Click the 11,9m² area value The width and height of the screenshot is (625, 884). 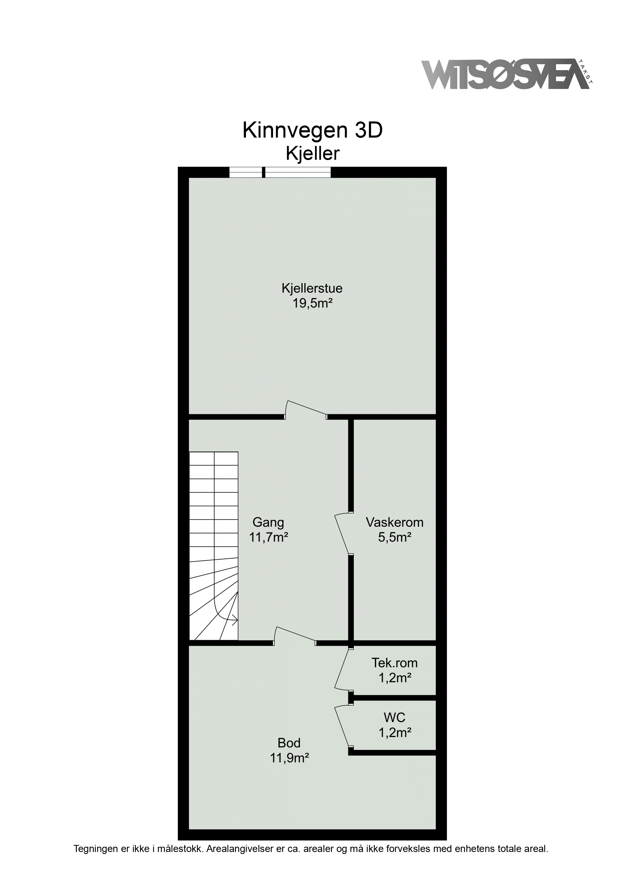click(290, 758)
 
